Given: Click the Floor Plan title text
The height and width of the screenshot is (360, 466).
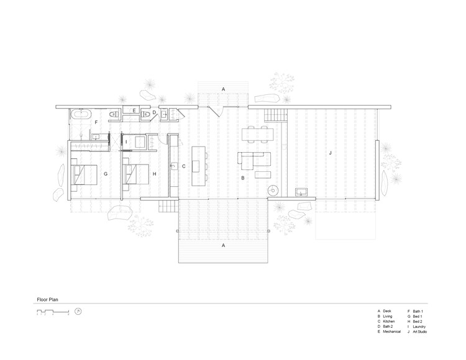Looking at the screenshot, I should pos(47,298).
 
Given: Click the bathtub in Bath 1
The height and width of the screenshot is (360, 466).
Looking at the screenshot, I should pos(81,114).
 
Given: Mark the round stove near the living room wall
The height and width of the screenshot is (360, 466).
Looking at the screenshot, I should pos(272,191).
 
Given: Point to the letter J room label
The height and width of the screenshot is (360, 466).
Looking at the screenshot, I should pos(330,152).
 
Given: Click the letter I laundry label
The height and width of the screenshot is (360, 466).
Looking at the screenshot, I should pos(126,142).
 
